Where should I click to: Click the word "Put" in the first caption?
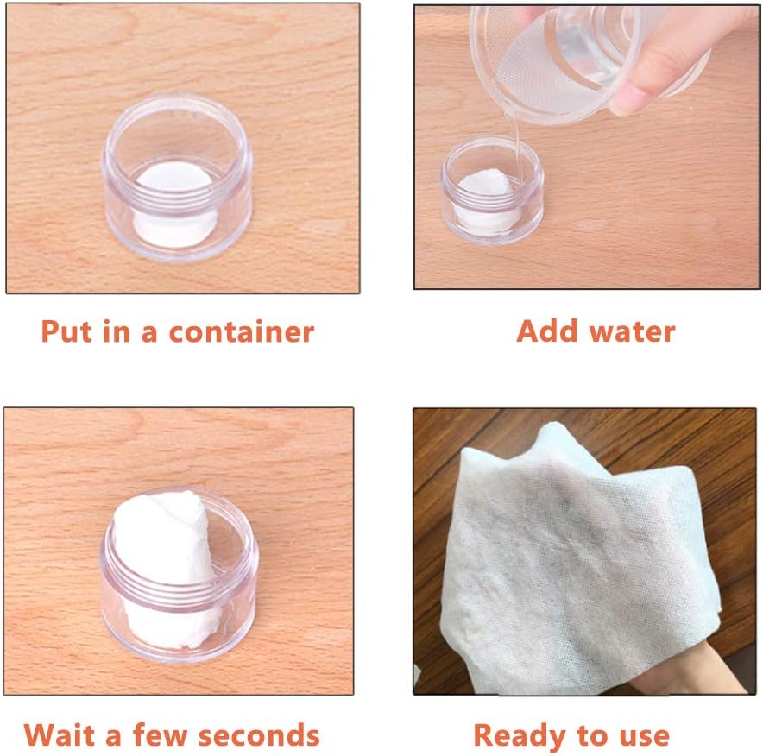coord(66,331)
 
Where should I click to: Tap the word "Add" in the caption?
coord(548,331)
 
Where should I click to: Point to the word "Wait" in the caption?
coord(60,734)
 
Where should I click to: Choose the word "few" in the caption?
coord(160,734)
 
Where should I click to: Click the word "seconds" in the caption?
coord(259,734)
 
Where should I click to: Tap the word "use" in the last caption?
coord(645,736)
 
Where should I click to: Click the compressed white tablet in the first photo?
coord(173,205)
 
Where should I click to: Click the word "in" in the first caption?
coord(117,331)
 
